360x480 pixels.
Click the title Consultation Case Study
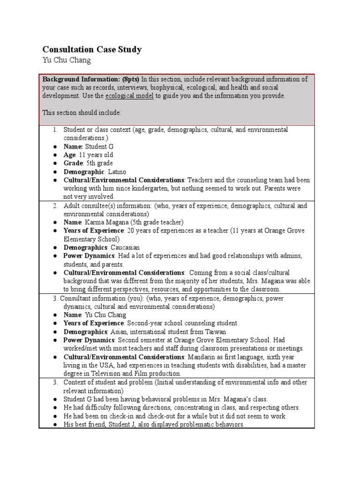point(92,49)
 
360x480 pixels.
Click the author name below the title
point(66,60)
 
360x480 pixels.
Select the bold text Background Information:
point(80,79)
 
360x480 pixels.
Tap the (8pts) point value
point(129,79)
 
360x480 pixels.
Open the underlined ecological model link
point(130,96)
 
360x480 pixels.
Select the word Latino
point(117,172)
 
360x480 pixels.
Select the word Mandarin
point(202,357)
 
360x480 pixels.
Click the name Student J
point(119,424)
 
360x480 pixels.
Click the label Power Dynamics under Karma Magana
point(89,256)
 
